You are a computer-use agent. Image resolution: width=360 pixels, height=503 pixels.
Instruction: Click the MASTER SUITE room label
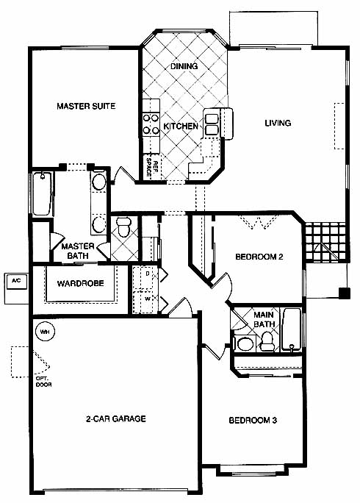(86, 106)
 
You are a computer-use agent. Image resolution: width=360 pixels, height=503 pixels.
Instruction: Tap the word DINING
(184, 66)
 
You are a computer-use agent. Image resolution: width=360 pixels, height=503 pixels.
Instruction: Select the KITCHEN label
(181, 126)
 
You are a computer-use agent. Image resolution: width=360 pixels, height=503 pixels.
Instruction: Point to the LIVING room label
(278, 123)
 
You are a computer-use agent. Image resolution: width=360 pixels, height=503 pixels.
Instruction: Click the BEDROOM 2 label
(259, 257)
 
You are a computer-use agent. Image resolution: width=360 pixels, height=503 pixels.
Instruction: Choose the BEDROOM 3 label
(253, 420)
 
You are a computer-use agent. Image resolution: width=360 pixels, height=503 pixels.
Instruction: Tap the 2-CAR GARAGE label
(116, 418)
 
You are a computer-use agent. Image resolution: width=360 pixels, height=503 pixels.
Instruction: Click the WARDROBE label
(81, 283)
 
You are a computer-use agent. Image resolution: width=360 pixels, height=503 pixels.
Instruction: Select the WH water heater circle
(45, 332)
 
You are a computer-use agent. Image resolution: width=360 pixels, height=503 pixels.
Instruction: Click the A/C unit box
(17, 282)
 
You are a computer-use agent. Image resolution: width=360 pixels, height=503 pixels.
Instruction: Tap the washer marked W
(146, 301)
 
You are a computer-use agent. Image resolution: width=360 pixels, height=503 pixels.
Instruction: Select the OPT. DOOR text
(43, 382)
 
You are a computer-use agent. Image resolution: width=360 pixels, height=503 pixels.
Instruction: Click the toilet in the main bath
(267, 342)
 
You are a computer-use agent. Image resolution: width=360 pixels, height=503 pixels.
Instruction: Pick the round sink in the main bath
(245, 344)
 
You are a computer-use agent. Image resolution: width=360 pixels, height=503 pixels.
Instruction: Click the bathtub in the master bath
(42, 194)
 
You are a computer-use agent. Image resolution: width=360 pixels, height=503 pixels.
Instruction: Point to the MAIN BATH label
(264, 319)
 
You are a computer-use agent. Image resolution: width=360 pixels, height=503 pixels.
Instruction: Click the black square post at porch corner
(345, 293)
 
